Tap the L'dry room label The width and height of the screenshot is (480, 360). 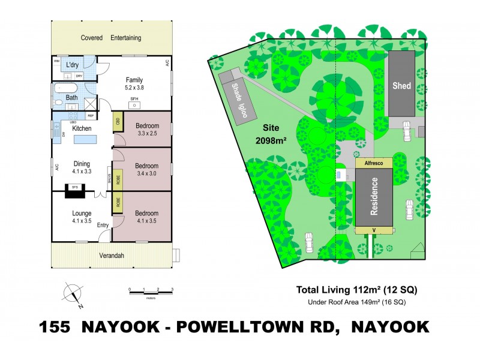tap(73, 65)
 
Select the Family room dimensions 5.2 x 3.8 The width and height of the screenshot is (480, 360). tap(134, 87)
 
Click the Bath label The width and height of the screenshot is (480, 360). tap(71, 98)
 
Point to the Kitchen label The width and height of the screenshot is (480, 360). tap(81, 128)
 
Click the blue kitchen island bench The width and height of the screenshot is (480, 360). tap(85, 140)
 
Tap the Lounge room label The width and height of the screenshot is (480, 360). tap(82, 213)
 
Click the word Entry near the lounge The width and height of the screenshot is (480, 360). tap(103, 226)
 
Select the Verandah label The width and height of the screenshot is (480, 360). tap(111, 256)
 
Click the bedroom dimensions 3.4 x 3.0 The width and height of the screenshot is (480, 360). tap(146, 174)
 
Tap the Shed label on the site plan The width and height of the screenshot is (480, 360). tap(401, 86)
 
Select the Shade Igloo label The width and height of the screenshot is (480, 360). tap(239, 103)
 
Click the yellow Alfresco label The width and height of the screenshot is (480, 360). tap(373, 163)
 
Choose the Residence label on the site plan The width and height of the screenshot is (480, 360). tap(374, 196)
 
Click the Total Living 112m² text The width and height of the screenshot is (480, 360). tap(356, 290)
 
